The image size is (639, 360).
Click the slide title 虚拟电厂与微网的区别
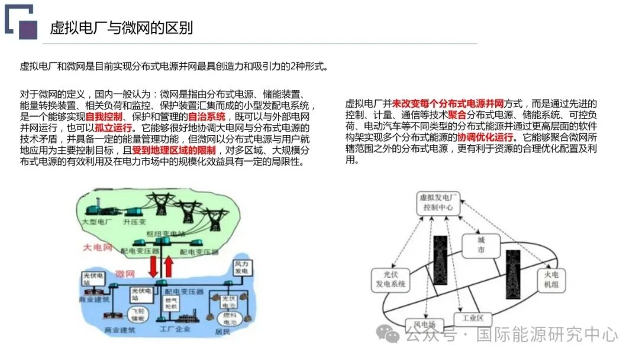pyautogui.click(x=121, y=28)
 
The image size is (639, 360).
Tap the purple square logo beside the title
pyautogui.click(x=28, y=29)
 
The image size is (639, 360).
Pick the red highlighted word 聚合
pyautogui.click(x=457, y=115)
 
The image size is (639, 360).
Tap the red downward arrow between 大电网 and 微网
pyautogui.click(x=154, y=265)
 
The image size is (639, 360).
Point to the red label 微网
pyautogui.click(x=125, y=274)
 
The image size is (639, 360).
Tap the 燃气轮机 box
pyautogui.click(x=171, y=303)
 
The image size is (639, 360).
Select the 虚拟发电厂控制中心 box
pyautogui.click(x=437, y=202)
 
